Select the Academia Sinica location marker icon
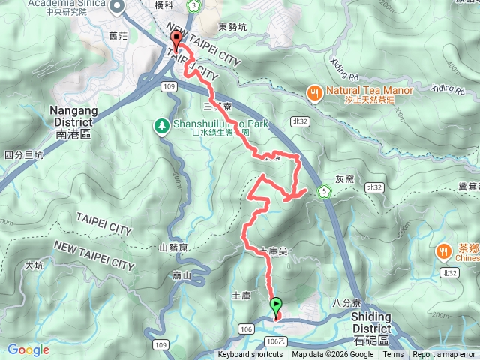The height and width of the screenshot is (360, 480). (x=117, y=7)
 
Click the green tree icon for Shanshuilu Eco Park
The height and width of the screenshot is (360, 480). (x=161, y=125)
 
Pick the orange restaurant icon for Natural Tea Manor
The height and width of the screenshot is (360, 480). (x=313, y=92)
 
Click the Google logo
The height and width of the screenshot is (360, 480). (x=28, y=349)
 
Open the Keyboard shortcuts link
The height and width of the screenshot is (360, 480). (x=250, y=355)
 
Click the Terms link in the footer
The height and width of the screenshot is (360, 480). (x=396, y=355)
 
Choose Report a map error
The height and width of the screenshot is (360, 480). (x=444, y=355)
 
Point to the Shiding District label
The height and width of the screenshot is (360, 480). (x=371, y=322)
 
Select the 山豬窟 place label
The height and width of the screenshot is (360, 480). (x=173, y=247)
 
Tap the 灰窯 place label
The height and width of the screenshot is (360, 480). (x=344, y=179)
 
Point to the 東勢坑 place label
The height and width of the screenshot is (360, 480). (x=232, y=28)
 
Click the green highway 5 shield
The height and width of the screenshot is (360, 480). (x=324, y=190)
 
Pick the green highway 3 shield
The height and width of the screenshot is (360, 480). (x=194, y=7)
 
